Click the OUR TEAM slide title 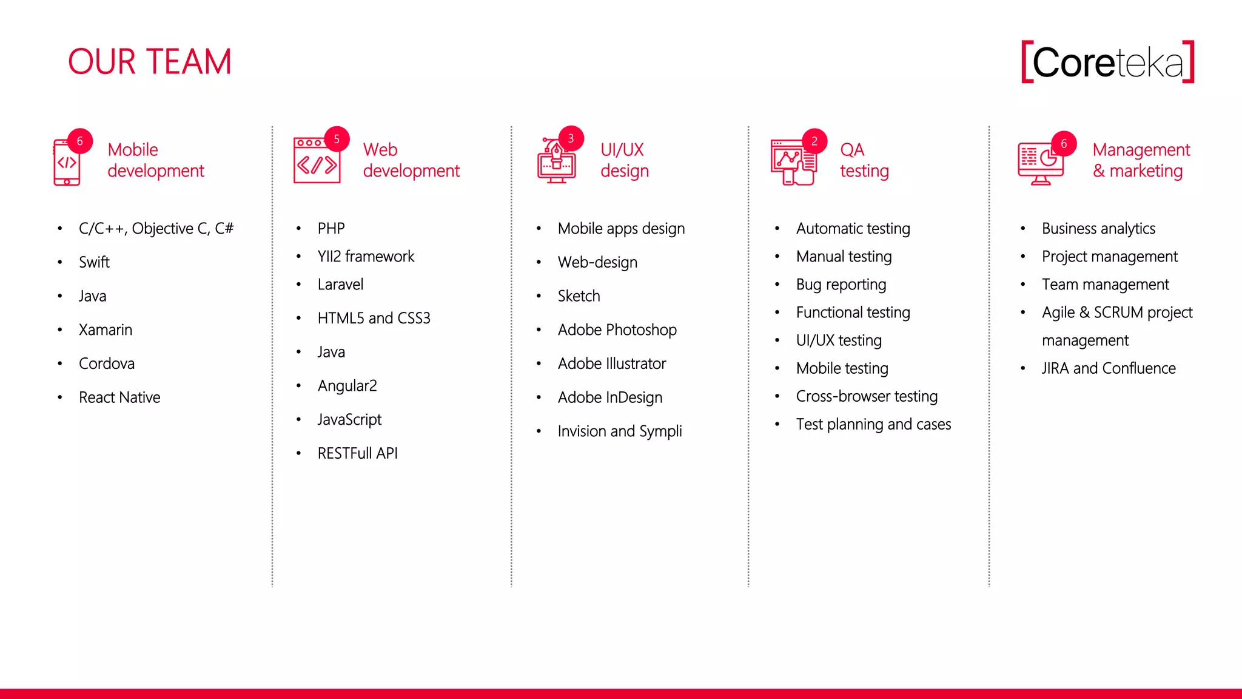tap(149, 62)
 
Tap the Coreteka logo tap(1107, 62)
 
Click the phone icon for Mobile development tap(66, 163)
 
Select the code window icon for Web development tap(317, 161)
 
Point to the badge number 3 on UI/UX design tap(571, 139)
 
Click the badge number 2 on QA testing tap(814, 141)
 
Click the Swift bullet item tap(94, 262)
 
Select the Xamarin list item tap(106, 330)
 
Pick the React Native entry tap(119, 397)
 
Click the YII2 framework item tap(366, 257)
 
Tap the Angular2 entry tap(347, 386)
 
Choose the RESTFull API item tap(357, 453)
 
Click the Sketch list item tap(579, 296)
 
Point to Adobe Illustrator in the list tap(611, 363)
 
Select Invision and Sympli tap(619, 431)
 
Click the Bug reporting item tap(841, 285)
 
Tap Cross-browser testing tap(867, 396)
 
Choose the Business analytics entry tap(1098, 229)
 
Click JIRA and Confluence tap(1108, 368)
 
